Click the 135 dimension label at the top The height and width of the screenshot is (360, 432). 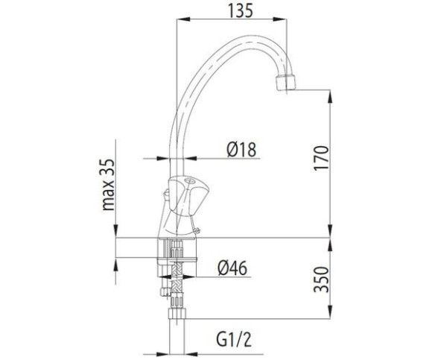click(x=241, y=11)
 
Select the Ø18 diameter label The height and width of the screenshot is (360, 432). click(x=241, y=149)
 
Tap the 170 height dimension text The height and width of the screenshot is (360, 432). click(x=322, y=158)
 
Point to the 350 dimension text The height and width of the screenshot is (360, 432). click(x=322, y=280)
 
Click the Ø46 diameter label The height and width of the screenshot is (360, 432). click(x=232, y=268)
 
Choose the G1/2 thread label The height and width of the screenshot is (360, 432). click(x=234, y=339)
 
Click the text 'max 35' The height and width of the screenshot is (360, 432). click(x=108, y=185)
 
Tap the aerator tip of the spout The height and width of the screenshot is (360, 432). click(x=285, y=83)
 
